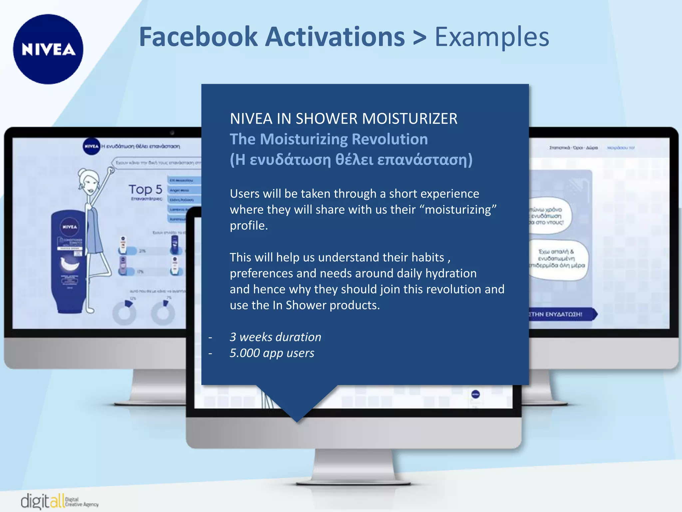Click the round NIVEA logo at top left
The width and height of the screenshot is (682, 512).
click(48, 49)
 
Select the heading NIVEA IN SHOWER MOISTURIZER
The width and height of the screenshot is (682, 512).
click(343, 119)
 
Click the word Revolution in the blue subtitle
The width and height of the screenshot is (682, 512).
click(390, 139)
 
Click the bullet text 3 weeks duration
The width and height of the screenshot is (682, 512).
click(275, 337)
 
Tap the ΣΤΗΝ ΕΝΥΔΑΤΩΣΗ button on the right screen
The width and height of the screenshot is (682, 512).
click(559, 314)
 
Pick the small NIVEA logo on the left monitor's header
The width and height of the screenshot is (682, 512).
click(91, 146)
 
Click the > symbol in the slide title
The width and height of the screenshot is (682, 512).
click(419, 37)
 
